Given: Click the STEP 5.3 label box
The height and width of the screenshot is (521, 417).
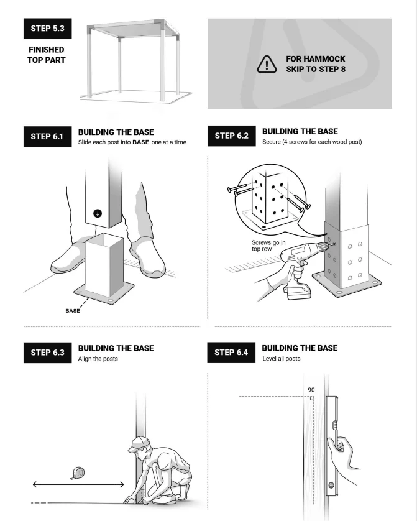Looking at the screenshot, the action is [x=47, y=29].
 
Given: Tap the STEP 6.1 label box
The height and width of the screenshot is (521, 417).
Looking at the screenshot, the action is [x=47, y=137].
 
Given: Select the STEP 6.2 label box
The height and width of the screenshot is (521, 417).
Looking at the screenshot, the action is [x=231, y=136].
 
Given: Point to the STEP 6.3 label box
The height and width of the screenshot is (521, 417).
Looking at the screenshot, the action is [x=47, y=353].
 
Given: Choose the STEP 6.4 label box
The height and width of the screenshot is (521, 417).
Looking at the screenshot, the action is [x=231, y=353].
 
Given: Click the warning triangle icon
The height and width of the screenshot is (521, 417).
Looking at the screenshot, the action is [x=267, y=65].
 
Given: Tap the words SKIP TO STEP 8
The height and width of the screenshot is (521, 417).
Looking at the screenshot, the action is [x=316, y=69].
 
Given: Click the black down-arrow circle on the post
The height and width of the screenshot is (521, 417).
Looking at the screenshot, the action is [x=98, y=213].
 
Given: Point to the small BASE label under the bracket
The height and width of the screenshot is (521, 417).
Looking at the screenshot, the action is [x=73, y=311].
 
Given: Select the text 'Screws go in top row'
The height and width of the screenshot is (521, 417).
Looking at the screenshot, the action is [x=268, y=246].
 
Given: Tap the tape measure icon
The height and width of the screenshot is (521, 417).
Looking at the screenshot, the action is [x=78, y=473].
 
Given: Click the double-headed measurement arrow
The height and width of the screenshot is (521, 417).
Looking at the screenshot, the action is [x=78, y=484].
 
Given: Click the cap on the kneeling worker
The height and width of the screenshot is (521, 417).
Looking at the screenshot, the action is [x=137, y=443].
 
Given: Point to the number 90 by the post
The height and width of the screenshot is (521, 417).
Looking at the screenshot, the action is [x=311, y=390].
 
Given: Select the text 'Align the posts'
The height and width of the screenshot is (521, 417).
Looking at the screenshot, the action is [x=98, y=359].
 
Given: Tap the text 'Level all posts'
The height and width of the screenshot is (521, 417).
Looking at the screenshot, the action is [x=282, y=359].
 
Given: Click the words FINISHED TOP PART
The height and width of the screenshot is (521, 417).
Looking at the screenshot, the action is [x=47, y=55].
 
